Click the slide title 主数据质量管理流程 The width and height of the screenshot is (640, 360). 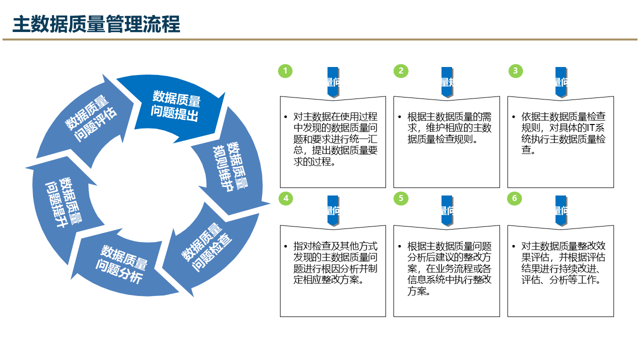pos(96,23)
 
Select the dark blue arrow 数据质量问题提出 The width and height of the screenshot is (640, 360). pos(175,106)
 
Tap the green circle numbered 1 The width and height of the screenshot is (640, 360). pos(285,71)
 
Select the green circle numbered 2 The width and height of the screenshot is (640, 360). pos(400,71)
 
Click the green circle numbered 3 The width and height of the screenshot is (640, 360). pos(515,71)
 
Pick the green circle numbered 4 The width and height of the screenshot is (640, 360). pos(285,198)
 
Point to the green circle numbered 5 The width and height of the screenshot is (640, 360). pos(400,198)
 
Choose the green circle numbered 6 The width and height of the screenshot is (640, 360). pos(514,198)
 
